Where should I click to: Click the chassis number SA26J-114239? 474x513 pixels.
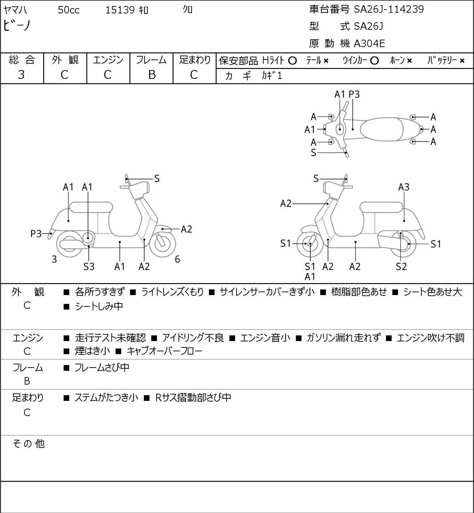coord(389,9)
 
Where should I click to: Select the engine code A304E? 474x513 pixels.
coord(369,44)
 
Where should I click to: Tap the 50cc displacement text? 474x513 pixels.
coord(69,10)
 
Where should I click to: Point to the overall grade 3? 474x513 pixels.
coord(21,75)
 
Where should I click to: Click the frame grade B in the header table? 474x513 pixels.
coord(152,75)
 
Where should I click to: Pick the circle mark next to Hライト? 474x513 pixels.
coord(292,61)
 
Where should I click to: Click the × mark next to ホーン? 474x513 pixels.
coord(409,61)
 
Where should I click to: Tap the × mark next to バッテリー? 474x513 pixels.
coord(462,61)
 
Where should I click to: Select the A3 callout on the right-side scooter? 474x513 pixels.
coord(404,187)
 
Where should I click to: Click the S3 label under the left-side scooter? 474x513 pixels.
coord(89,266)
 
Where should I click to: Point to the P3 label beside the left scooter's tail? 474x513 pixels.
coord(36,234)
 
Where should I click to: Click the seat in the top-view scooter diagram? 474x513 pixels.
coord(381,129)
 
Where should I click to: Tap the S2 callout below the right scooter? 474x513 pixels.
coord(401,266)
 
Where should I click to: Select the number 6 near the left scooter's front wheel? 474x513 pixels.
coord(177,259)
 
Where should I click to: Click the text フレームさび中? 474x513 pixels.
coord(102,367)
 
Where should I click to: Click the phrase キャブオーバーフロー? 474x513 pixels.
coord(164,351)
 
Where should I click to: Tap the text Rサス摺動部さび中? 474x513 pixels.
coord(193,397)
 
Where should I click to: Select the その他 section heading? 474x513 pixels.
coord(29,443)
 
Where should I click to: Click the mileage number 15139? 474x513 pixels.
coord(120,10)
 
